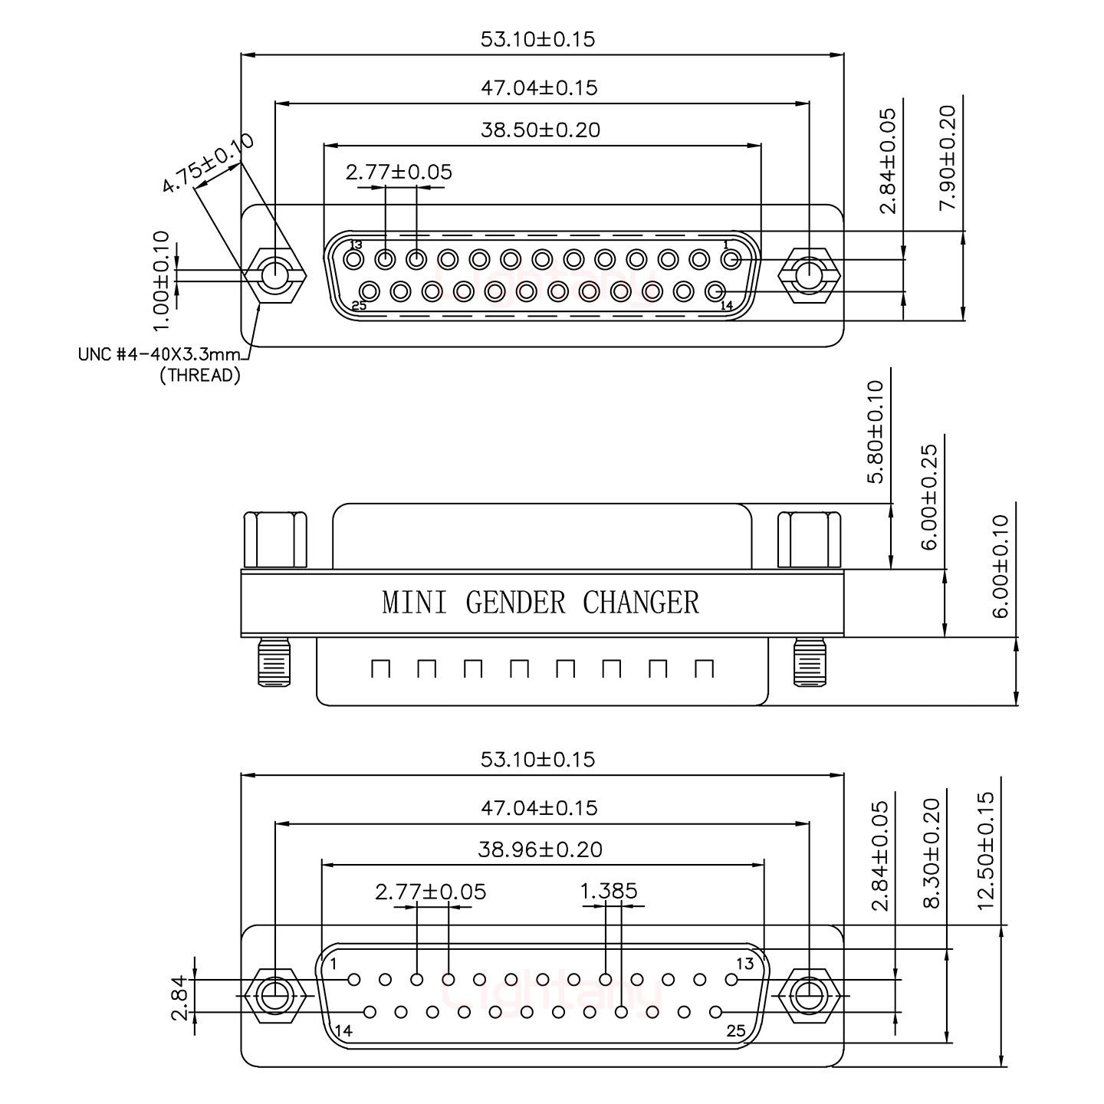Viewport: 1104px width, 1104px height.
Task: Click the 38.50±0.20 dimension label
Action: (540, 130)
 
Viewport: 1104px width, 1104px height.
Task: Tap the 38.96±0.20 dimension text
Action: (540, 849)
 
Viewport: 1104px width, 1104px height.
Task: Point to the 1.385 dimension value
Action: (609, 891)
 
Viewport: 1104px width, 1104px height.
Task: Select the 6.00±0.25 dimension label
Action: (929, 497)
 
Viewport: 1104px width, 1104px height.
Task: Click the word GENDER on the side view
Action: (515, 603)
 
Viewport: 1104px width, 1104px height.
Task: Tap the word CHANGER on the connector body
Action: (641, 603)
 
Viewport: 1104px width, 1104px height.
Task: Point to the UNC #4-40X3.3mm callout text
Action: (159, 355)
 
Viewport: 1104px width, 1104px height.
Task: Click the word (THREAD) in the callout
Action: (199, 376)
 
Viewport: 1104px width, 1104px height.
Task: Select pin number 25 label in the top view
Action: (359, 305)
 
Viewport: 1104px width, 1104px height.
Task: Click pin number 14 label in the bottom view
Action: (343, 1031)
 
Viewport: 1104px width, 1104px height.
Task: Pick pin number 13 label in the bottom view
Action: (744, 964)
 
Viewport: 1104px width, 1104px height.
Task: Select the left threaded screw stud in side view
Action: (274, 661)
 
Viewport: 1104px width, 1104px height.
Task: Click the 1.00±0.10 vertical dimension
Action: (160, 281)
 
